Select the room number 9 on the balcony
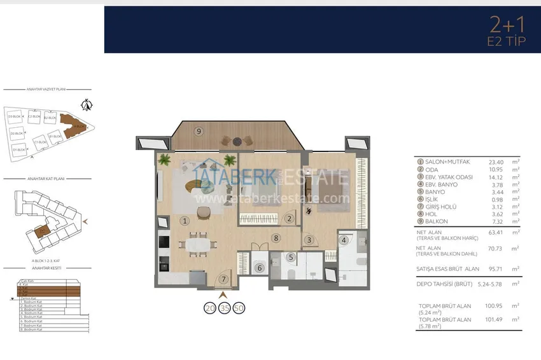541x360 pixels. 199,131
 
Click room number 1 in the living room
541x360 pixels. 185,221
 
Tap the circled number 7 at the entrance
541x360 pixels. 223,279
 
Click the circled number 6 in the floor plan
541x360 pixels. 259,268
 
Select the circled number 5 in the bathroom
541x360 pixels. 290,258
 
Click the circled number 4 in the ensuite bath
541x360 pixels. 344,240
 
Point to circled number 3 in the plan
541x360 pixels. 309,240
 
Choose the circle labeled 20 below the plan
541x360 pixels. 209,308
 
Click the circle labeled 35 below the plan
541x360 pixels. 224,308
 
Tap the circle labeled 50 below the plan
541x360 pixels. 239,308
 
